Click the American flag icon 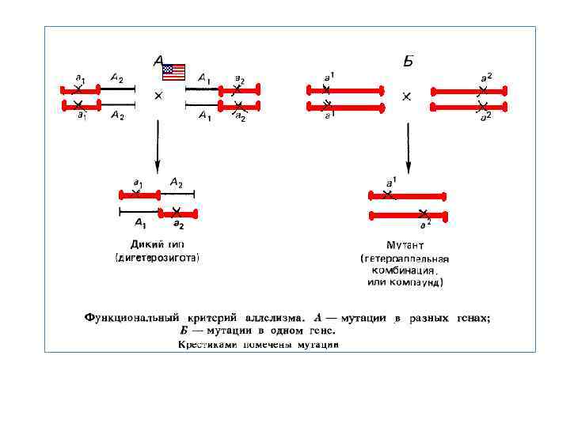pyautogui.click(x=173, y=72)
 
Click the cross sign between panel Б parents pyautogui.click(x=407, y=96)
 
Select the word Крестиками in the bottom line pyautogui.click(x=203, y=344)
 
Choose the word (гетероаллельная pyautogui.click(x=405, y=258)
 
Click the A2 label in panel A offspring pyautogui.click(x=176, y=183)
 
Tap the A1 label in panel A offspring pyautogui.click(x=140, y=223)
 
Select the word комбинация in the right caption pyautogui.click(x=404, y=270)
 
